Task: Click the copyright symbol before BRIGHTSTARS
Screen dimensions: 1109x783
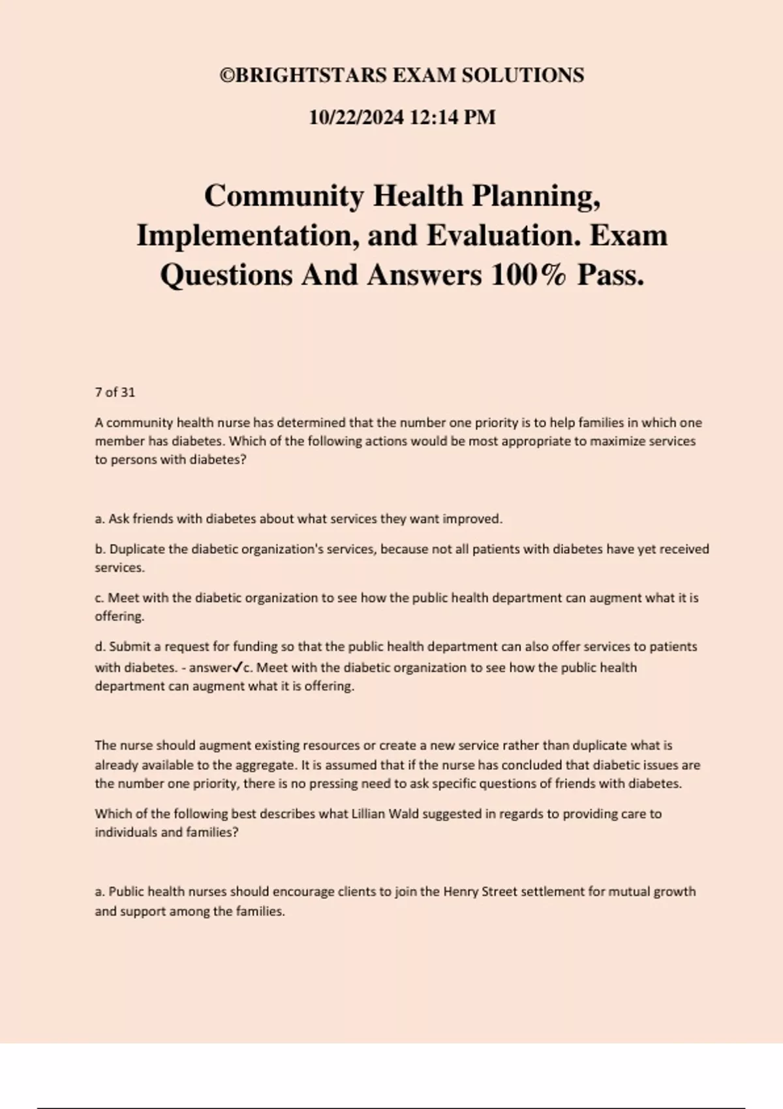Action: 227,76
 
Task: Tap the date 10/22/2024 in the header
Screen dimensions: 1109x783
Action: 356,117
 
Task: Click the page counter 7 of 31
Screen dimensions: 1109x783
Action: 115,392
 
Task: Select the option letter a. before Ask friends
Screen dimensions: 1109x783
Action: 100,519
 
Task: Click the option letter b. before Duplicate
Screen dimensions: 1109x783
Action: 100,549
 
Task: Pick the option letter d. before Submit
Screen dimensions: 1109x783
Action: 100,646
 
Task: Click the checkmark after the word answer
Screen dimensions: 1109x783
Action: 238,667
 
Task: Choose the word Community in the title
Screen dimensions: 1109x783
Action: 284,196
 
